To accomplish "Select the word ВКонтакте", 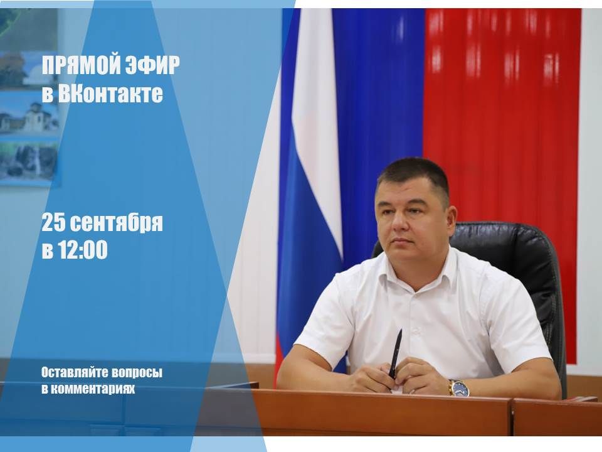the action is click(110, 94).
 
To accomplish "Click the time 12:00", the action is click(83, 250).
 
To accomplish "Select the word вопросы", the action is click(137, 373).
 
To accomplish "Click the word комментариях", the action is click(93, 389).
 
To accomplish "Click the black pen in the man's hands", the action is click(395, 353).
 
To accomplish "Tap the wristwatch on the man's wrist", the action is click(459, 387).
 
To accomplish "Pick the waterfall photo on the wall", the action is click(29, 161).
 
